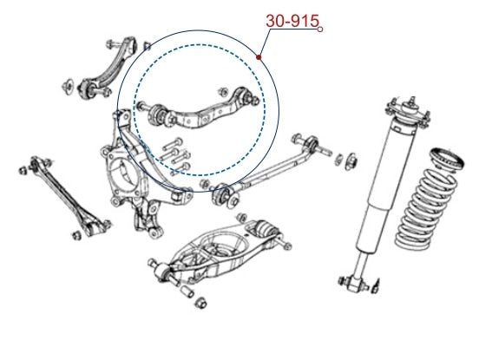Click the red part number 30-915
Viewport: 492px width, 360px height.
292,21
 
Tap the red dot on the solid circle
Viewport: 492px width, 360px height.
259,57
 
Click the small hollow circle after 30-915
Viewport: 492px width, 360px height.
320,29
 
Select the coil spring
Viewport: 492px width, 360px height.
425,209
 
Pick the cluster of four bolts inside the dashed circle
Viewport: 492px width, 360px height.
175,156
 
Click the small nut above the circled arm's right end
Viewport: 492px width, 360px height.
223,92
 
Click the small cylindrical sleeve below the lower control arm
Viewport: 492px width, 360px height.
188,291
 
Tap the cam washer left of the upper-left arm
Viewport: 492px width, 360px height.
68,86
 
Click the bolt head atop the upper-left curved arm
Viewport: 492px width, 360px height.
110,44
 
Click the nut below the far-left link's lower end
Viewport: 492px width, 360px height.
76,235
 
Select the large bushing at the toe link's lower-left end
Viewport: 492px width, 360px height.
226,195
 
